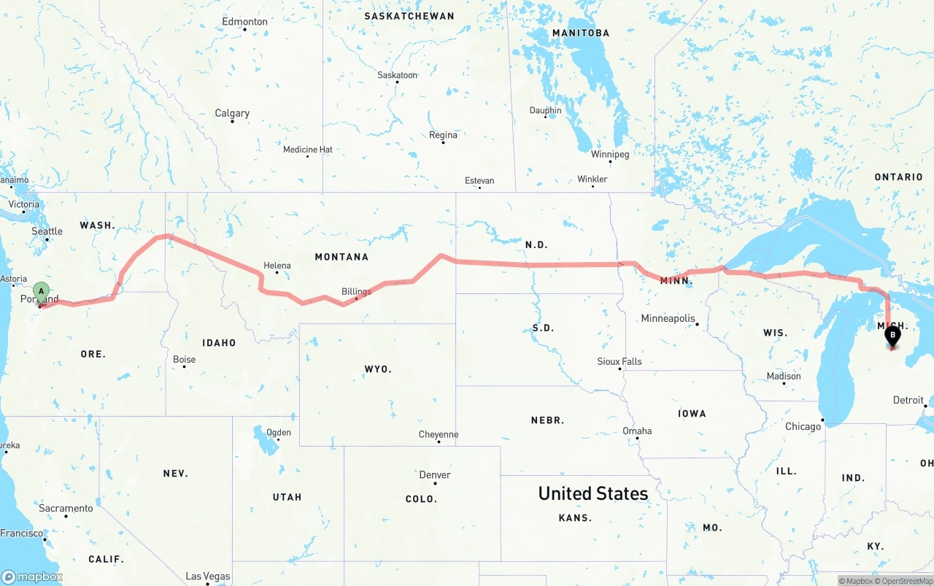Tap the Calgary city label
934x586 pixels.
(x=232, y=113)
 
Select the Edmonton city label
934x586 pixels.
(x=245, y=22)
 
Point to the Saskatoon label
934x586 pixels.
(x=397, y=75)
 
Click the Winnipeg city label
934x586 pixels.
(x=610, y=154)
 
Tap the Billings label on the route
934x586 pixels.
(x=356, y=291)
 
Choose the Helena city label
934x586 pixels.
(x=277, y=266)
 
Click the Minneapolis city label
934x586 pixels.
(x=668, y=318)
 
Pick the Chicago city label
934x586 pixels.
(x=803, y=426)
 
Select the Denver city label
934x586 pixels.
(x=435, y=475)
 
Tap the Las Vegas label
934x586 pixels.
(x=208, y=577)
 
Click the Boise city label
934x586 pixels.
(x=184, y=359)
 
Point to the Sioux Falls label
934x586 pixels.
(x=620, y=361)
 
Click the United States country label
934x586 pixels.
(x=593, y=493)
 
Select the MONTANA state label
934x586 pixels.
(x=341, y=257)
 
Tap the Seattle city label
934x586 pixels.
(x=47, y=231)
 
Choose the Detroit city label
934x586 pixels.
(x=908, y=400)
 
